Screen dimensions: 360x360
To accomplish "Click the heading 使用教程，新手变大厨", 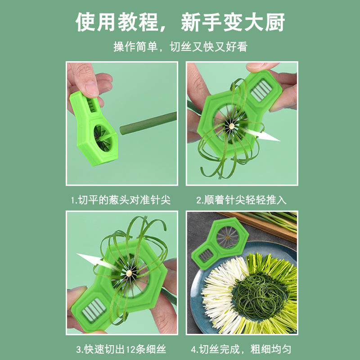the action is tap(180, 22).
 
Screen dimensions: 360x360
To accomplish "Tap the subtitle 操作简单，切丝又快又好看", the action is tap(180, 47).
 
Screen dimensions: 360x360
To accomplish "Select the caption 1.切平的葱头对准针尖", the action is tap(121, 200).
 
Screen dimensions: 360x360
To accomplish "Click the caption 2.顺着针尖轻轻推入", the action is tap(242, 200).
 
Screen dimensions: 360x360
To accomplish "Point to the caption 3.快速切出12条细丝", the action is tap(121, 349).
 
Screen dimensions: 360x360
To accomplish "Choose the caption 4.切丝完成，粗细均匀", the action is tap(241, 349).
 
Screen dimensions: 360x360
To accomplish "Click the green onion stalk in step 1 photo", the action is tap(148, 123).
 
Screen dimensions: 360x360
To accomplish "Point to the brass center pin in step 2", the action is tap(231, 126).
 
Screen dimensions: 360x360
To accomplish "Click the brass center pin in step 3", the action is tap(129, 273).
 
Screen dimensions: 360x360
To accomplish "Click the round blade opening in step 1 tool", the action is tap(103, 138).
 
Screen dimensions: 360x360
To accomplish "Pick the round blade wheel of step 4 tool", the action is tap(228, 237).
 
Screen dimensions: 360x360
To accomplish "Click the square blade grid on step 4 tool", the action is tap(206, 255).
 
